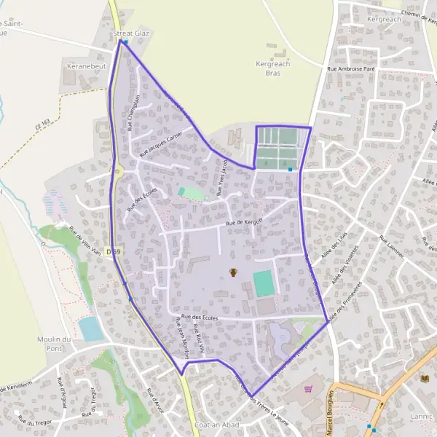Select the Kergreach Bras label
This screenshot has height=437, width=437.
click(x=273, y=68)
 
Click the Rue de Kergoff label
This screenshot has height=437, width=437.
click(x=244, y=221)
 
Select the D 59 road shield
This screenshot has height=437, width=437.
click(x=112, y=251)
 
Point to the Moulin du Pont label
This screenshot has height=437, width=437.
click(x=55, y=344)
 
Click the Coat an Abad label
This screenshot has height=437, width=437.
click(x=218, y=425)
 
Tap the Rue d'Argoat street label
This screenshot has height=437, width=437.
click(x=63, y=396)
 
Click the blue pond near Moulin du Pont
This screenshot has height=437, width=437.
click(x=91, y=329)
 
